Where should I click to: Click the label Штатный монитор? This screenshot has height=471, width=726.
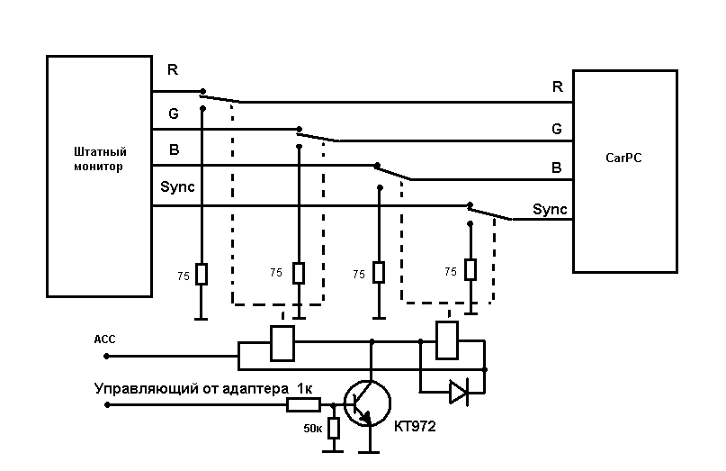100,159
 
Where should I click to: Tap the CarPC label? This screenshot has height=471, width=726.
623,159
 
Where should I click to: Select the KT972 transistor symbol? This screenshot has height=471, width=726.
367,403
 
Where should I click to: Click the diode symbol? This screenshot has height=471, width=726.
459,392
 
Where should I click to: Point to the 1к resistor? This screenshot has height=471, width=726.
303,405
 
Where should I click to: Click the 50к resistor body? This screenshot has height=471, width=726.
334,428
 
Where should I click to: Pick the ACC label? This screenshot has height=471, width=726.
104,340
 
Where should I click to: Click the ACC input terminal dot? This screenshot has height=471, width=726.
106,356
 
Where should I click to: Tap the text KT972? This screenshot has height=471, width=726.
415,426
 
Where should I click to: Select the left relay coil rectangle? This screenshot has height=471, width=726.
282,343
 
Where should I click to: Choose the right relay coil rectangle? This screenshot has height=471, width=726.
447,340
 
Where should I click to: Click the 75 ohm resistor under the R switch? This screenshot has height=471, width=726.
202,274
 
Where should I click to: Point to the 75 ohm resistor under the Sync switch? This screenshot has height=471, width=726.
471,270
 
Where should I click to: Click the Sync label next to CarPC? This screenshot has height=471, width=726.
550,209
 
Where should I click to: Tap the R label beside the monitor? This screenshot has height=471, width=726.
173,69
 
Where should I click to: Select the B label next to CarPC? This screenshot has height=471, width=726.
557,168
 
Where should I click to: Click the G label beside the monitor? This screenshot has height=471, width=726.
174,113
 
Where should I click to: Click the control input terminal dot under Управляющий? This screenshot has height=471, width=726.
107,404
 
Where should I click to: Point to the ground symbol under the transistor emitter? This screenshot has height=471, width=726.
369,451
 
